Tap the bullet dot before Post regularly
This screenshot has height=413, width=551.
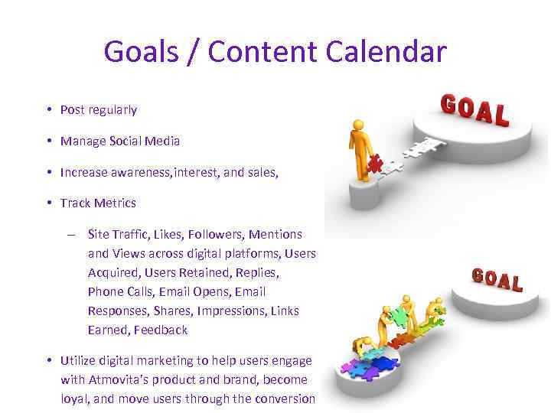[x=48, y=109]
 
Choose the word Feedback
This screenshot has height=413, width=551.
[x=161, y=330]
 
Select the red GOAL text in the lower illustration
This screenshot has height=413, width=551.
[x=497, y=279]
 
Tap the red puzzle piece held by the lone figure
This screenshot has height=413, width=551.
[x=376, y=162]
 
